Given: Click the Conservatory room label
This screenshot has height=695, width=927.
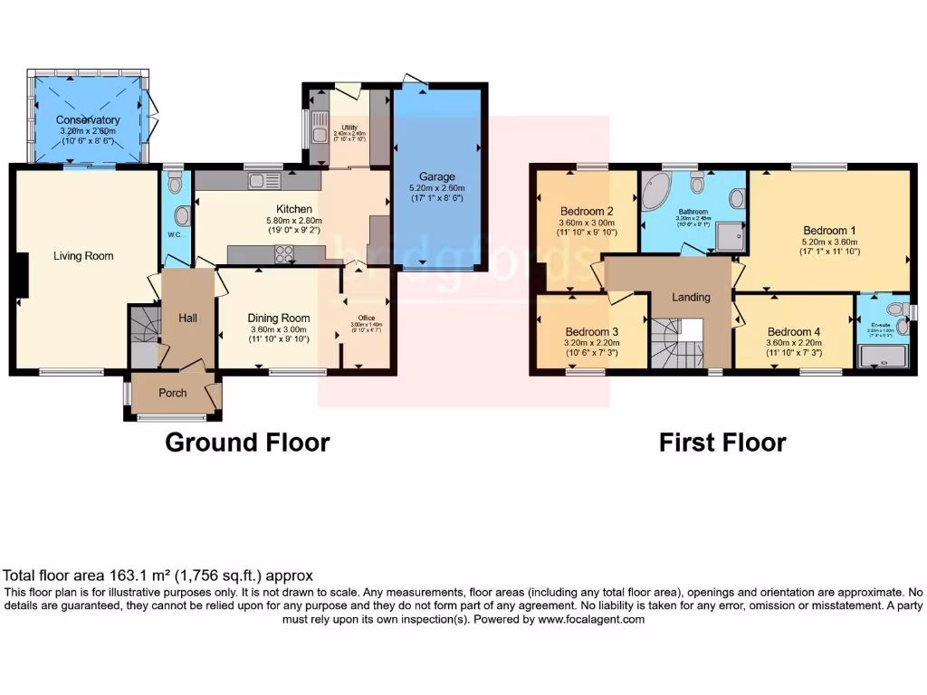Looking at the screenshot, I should pyautogui.click(x=88, y=119).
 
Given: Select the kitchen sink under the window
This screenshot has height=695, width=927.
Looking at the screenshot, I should pyautogui.click(x=262, y=182).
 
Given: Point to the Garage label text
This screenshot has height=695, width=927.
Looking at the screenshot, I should pyautogui.click(x=436, y=176).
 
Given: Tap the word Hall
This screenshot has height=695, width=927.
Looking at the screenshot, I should pyautogui.click(x=186, y=318).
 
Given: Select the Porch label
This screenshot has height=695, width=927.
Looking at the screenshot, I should pyautogui.click(x=172, y=393).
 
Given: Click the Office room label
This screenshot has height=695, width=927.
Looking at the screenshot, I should pyautogui.click(x=366, y=318).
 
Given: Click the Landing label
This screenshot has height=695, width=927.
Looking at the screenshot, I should pyautogui.click(x=691, y=297).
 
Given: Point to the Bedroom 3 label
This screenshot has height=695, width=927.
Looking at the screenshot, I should pyautogui.click(x=592, y=332).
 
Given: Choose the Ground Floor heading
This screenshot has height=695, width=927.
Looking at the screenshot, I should pyautogui.click(x=247, y=443).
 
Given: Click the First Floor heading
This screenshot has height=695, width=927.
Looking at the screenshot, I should pyautogui.click(x=722, y=443).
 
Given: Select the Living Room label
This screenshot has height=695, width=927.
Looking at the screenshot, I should pyautogui.click(x=83, y=256).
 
